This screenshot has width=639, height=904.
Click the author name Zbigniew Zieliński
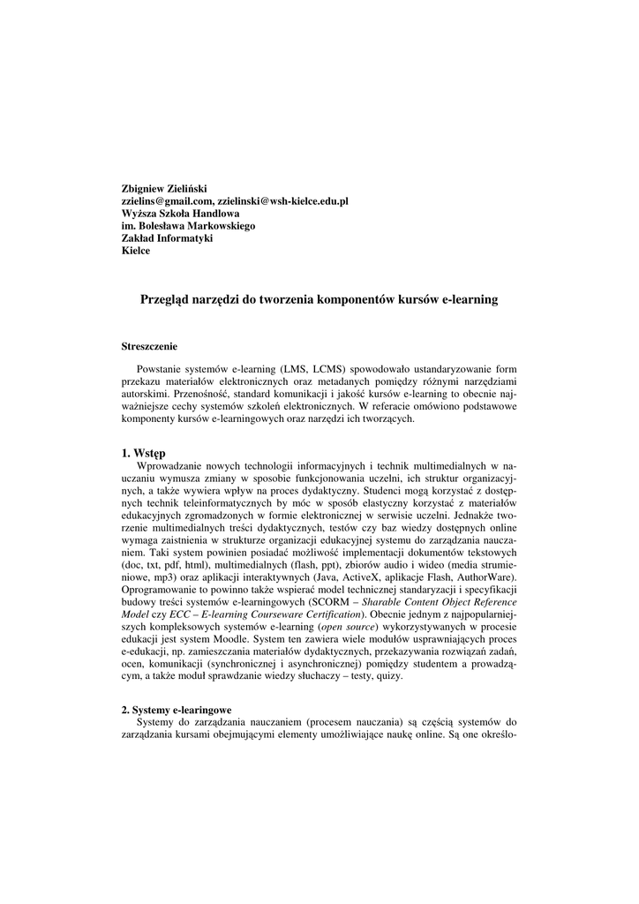(163, 188)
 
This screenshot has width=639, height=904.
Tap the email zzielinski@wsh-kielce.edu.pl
(283, 200)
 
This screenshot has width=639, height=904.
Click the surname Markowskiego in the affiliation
(221, 225)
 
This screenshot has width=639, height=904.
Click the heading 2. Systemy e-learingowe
(177, 709)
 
